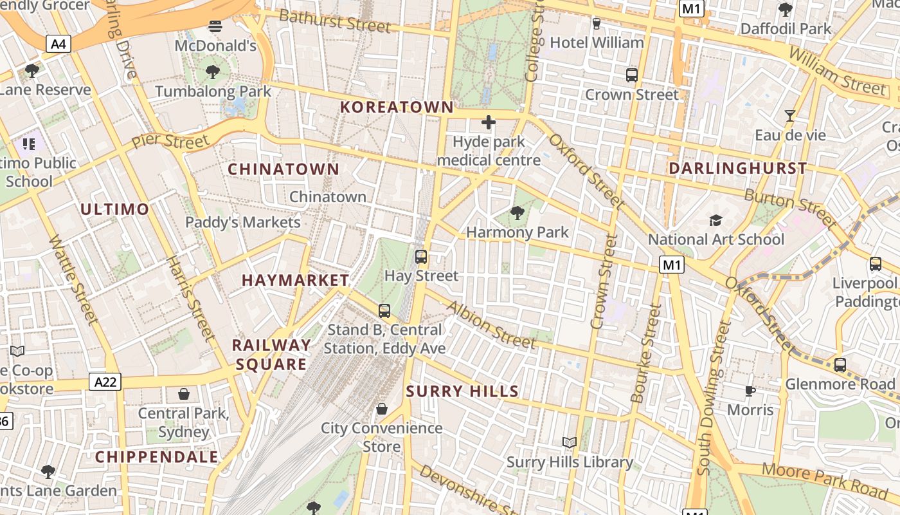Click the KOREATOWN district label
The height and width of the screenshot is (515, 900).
pos(397,108)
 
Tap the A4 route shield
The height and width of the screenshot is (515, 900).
pos(59,44)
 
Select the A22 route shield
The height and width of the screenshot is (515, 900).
pos(105,382)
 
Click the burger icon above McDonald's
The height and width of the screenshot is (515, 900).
pos(215,27)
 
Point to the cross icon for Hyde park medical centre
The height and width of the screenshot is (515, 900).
pos(489,122)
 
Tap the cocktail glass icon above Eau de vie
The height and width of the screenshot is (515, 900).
pos(789,116)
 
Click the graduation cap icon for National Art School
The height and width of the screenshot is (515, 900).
pos(715,221)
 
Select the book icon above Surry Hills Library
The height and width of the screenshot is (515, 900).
pos(569,442)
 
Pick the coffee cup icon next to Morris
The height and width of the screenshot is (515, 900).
pos(750,391)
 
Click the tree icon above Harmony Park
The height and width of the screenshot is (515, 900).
pos(517,212)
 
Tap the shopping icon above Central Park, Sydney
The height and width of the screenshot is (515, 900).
pos(184,393)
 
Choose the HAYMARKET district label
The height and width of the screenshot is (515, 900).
pos(295,280)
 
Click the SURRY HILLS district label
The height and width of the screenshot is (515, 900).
pos(462,391)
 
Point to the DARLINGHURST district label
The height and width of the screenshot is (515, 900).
pos(737,169)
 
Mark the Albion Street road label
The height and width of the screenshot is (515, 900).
pos(492,326)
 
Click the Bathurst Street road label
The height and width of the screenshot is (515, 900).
pos(335,21)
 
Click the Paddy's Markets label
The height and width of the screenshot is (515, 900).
pos(243,222)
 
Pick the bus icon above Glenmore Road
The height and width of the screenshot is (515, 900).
pos(840,365)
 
